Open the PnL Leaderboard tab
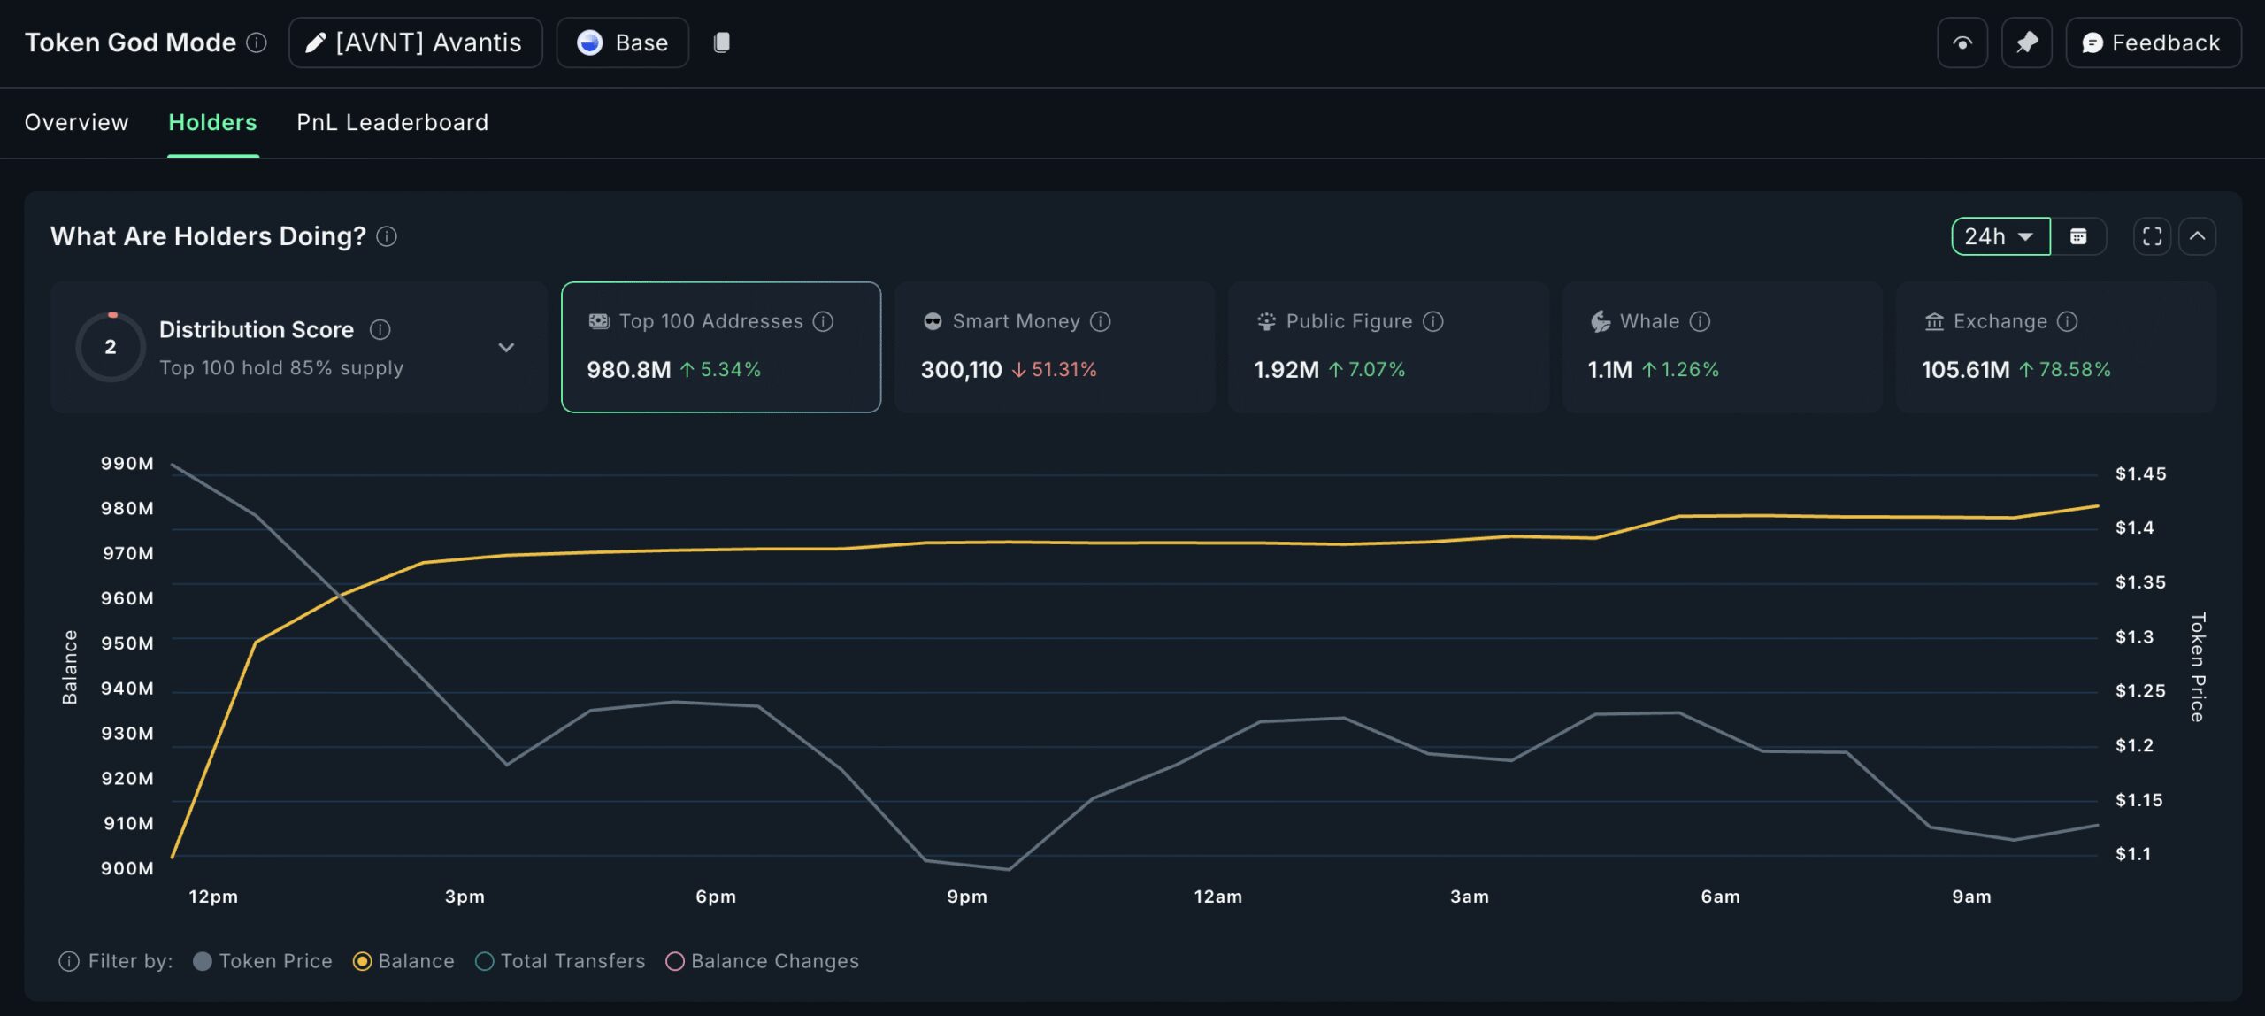coord(392,122)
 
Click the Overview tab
coord(76,122)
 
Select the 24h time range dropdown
coord(2000,236)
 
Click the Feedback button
coord(2153,42)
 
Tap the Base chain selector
coord(622,42)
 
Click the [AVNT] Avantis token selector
coord(415,42)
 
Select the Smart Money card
coord(1054,347)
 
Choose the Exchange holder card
coord(2055,347)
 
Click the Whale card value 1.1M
coord(1609,370)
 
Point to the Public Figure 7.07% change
coord(1376,370)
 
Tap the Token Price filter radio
coord(203,961)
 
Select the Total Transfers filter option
coord(484,961)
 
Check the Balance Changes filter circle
coord(675,961)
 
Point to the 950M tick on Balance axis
coord(127,643)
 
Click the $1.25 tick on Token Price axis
coord(2139,690)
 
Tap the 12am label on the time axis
coord(1217,897)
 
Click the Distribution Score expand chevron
coord(506,347)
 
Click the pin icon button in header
coord(2026,42)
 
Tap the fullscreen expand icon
coord(2152,236)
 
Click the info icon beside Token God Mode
coord(257,42)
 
